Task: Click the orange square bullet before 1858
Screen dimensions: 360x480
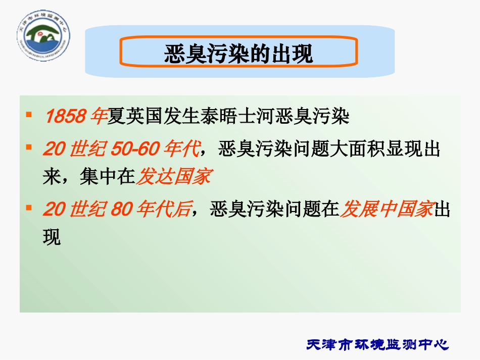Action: point(29,116)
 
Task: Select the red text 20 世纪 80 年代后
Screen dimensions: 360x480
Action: point(117,209)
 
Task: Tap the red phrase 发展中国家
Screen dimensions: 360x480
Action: point(386,209)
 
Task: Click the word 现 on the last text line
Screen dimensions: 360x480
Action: point(52,237)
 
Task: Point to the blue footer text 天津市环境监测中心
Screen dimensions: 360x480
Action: point(377,345)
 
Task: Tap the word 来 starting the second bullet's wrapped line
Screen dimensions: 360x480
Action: point(52,177)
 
